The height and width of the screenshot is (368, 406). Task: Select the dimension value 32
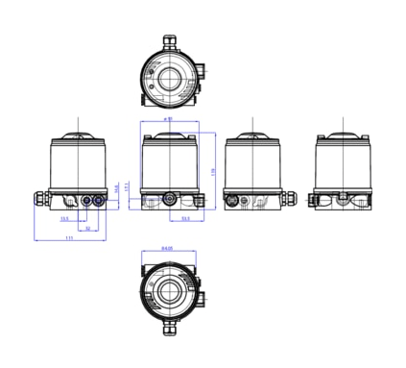coord(87,229)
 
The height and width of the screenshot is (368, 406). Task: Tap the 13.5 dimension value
coord(64,220)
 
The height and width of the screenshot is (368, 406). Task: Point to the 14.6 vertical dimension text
coord(117,186)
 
